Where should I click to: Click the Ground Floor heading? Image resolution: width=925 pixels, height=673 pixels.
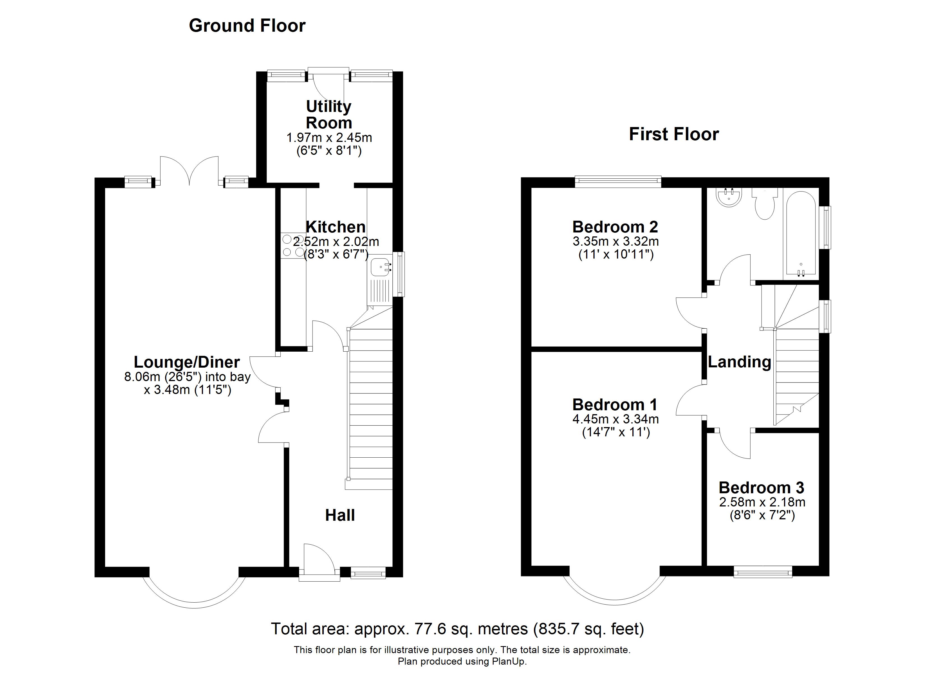[x=247, y=26]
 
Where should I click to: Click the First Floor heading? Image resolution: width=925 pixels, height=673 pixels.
[x=674, y=134]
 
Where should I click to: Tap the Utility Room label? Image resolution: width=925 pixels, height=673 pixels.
[x=329, y=114]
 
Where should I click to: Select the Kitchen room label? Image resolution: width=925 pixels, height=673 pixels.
[x=336, y=227]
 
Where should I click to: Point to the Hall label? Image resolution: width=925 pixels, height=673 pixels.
[x=340, y=515]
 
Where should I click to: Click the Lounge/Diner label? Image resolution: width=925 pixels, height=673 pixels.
[x=187, y=362]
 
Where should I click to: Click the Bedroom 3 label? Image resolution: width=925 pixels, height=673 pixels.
[x=762, y=488]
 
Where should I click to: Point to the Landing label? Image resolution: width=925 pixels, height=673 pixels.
[x=739, y=362]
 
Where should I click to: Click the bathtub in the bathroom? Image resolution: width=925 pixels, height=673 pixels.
[x=801, y=234]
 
